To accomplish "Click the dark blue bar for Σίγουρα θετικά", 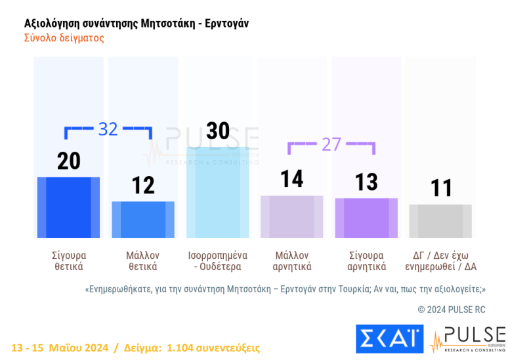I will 68,208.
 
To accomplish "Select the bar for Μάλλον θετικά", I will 143,219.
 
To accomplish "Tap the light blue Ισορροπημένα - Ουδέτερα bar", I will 217,192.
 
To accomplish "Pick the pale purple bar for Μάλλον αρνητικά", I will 292,216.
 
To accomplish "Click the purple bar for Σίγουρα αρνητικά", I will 366,217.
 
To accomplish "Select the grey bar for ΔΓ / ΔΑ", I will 440,221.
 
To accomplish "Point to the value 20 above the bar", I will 68,162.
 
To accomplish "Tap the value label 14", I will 292,179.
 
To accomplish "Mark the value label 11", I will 441,188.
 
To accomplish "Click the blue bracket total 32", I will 108,129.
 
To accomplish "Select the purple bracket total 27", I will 331,145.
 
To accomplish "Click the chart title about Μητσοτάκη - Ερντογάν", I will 136,24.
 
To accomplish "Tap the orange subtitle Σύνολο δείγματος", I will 64,38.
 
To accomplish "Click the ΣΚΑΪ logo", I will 390,339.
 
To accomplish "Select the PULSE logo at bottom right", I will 467,339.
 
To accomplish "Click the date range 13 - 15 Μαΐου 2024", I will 60,348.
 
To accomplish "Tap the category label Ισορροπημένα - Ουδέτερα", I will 217,261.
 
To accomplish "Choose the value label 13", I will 366,182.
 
